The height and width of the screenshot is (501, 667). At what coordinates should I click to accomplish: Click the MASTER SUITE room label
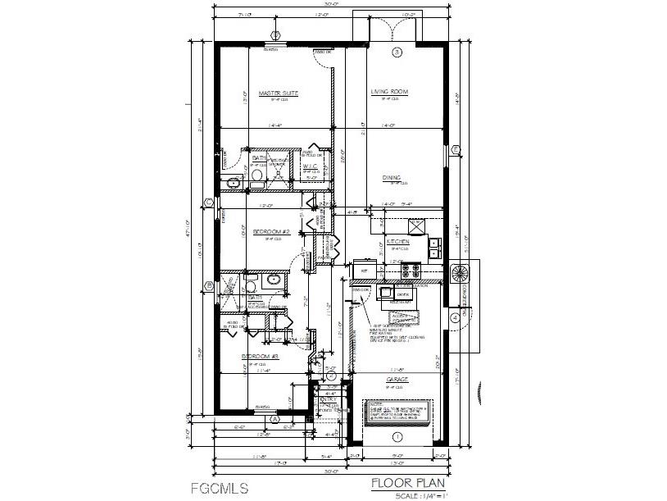tap(278, 93)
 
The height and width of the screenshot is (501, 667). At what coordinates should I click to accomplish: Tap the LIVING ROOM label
tap(389, 92)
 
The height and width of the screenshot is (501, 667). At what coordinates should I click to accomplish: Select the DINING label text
tap(390, 177)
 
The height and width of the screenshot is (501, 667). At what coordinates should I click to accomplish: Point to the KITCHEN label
tap(398, 243)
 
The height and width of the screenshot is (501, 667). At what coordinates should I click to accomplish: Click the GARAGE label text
tap(398, 380)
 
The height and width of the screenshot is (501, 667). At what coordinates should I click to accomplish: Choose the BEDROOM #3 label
tap(261, 357)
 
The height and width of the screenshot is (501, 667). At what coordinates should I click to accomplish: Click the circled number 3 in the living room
tap(397, 52)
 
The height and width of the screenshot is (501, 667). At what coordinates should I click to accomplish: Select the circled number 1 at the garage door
tap(397, 436)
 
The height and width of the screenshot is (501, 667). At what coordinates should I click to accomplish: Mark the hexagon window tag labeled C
tap(209, 203)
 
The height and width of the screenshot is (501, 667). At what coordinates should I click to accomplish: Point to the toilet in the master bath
tap(256, 174)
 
